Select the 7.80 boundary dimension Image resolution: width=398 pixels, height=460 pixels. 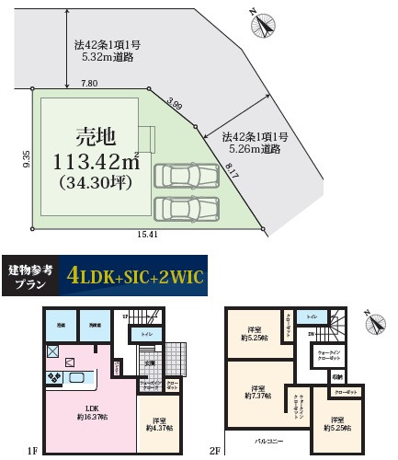(x=89, y=84)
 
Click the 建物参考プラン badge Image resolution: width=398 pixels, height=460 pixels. (x=29, y=274)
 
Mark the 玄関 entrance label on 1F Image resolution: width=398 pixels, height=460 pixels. (x=150, y=363)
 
